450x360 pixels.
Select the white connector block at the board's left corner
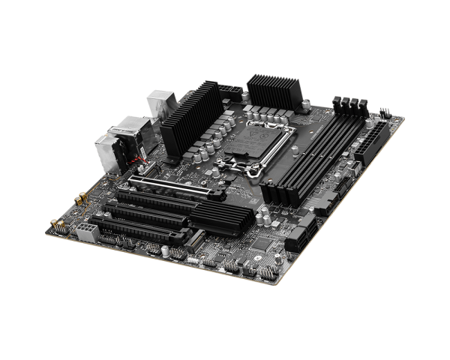coord(84,231)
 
